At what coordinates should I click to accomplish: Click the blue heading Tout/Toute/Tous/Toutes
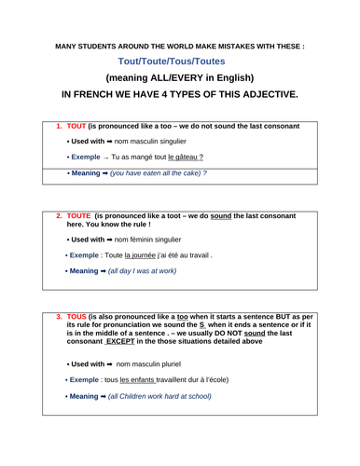(x=179, y=59)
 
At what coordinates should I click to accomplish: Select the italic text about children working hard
(x=159, y=396)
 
